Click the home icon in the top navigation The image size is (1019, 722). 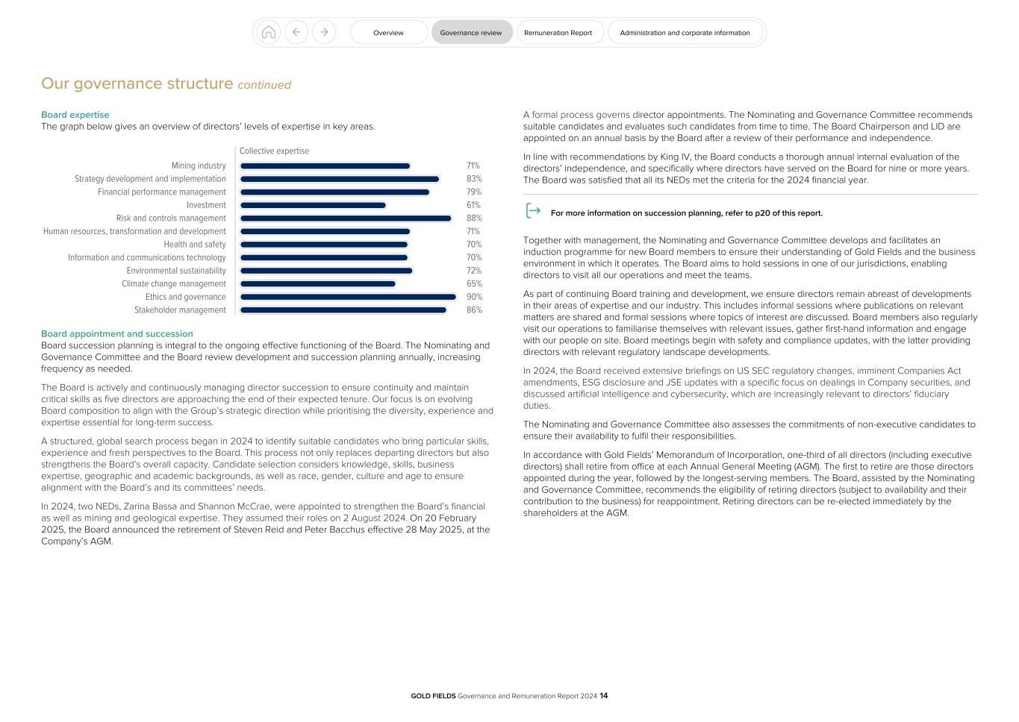point(269,32)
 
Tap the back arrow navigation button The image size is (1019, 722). point(296,32)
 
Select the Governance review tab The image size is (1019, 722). point(471,32)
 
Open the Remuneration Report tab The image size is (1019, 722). point(558,32)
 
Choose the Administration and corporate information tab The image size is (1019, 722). point(685,32)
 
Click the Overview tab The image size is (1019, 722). point(388,32)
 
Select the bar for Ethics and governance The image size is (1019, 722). point(348,297)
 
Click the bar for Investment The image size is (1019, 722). point(313,205)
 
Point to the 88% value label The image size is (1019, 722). point(474,219)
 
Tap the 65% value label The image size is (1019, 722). point(474,284)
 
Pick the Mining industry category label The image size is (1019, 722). point(199,166)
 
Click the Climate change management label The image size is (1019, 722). point(174,284)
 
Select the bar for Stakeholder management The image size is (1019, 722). point(343,310)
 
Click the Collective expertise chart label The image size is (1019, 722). point(274,151)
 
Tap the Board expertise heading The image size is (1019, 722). point(75,115)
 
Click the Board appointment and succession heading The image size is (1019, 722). point(117,334)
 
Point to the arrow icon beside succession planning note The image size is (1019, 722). point(533,211)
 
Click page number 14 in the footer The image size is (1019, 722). point(604,696)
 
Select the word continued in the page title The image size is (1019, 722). point(264,85)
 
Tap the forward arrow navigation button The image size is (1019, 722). point(324,32)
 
